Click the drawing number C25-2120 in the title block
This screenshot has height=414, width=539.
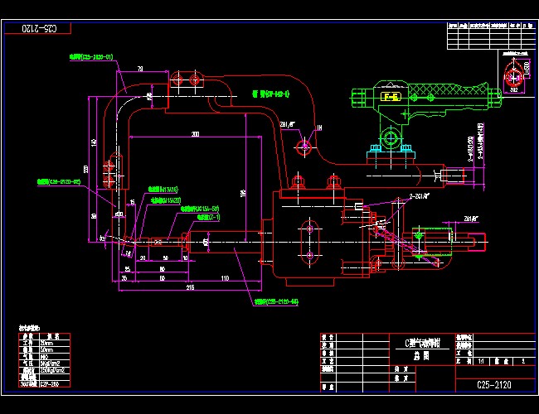click(493, 384)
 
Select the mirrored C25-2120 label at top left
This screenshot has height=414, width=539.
click(37, 28)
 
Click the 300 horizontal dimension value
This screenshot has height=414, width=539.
click(196, 133)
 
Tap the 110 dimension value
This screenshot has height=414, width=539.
click(224, 279)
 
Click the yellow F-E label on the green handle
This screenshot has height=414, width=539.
click(390, 97)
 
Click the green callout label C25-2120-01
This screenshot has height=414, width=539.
click(90, 57)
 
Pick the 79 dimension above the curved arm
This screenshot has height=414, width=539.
click(140, 68)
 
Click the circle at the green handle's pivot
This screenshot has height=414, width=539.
click(387, 136)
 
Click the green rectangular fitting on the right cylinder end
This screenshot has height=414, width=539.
click(420, 237)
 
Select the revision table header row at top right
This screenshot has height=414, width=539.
click(488, 26)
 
